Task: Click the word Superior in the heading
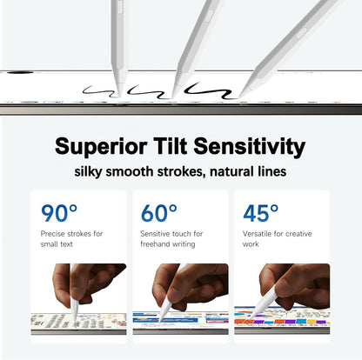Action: [101, 147]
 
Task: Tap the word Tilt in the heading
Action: [170, 145]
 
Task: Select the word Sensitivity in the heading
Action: [249, 147]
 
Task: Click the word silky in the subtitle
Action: [88, 171]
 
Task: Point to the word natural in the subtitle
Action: [231, 171]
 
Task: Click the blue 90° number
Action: [59, 213]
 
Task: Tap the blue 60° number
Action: [159, 213]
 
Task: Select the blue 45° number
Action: [260, 213]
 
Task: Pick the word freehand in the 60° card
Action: [155, 244]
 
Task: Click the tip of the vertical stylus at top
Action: [120, 95]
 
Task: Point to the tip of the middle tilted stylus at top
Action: [173, 97]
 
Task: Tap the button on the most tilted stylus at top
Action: [301, 34]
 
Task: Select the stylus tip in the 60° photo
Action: [160, 320]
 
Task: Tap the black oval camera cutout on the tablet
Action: [20, 72]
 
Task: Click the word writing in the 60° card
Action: [184, 244]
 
